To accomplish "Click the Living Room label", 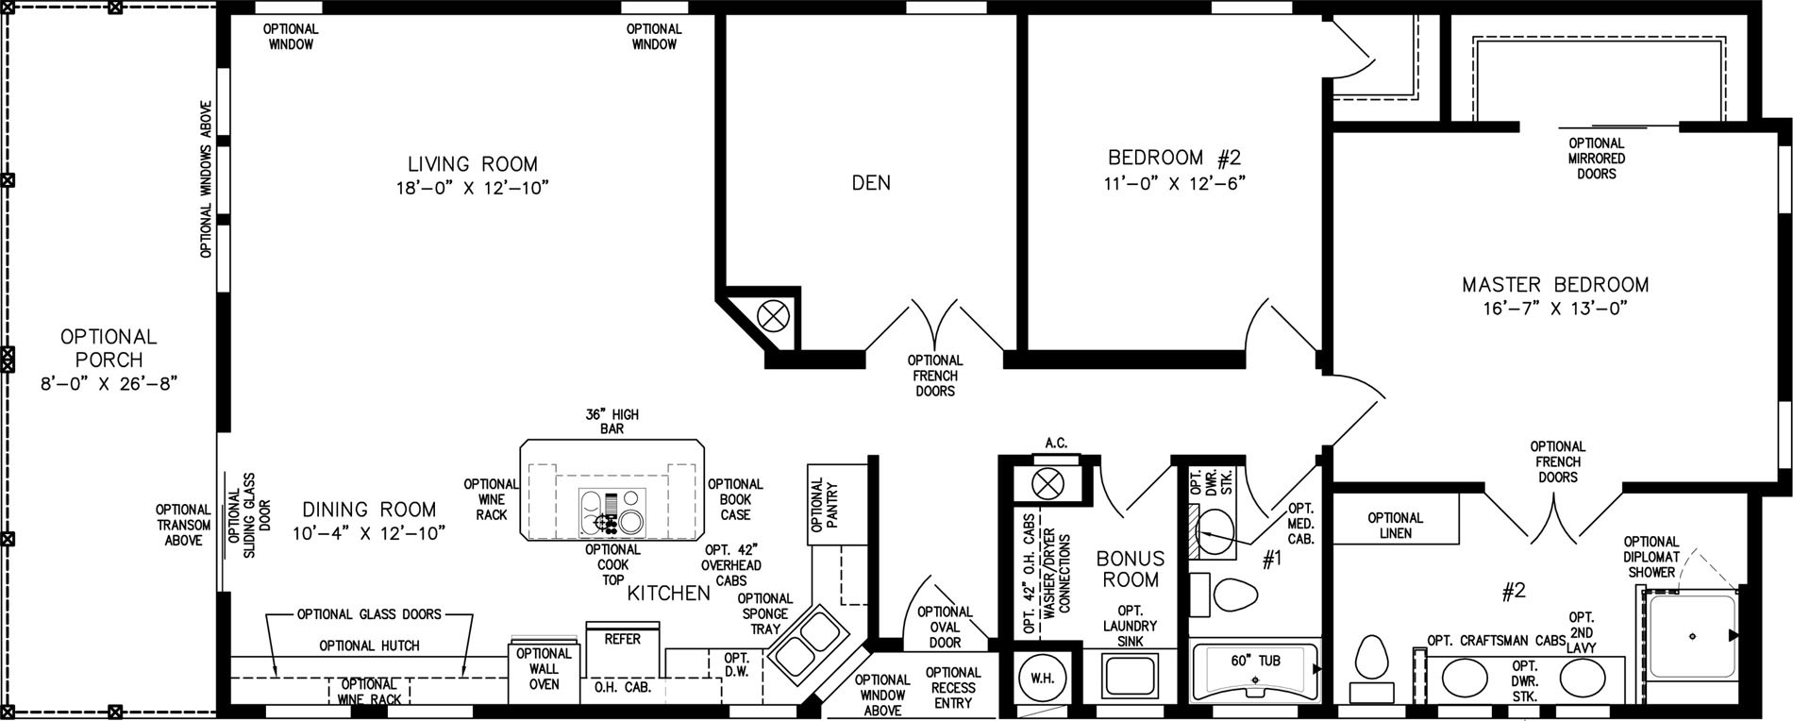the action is pos(473,163).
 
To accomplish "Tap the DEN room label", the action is pos(871,182).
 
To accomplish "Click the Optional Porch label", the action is pos(109,348).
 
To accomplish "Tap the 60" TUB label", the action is pos(1256,661).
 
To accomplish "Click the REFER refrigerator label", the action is pos(622,639).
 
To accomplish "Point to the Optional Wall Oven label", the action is pos(545,668).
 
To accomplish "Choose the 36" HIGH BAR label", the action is pos(612,421).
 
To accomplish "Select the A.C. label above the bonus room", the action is pos(1056,443).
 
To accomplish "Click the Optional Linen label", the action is pos(1395,525).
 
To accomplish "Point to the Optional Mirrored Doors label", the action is pos(1597,159).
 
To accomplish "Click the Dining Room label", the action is pos(364,510).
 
